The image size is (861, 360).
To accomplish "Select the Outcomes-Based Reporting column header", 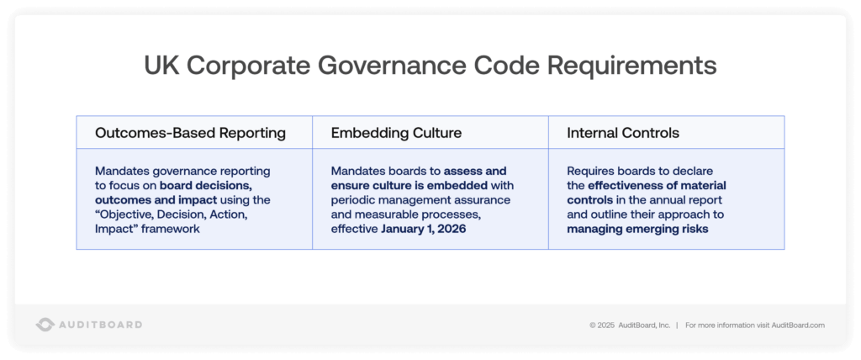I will [190, 133].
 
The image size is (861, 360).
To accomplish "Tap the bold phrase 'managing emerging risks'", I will [637, 228].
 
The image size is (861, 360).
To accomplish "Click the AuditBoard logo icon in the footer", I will [45, 325].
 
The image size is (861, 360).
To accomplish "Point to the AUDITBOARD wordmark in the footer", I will [100, 325].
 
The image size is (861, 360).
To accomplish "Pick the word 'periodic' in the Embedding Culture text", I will [352, 199].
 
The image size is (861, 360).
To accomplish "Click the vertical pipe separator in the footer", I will [678, 325].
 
